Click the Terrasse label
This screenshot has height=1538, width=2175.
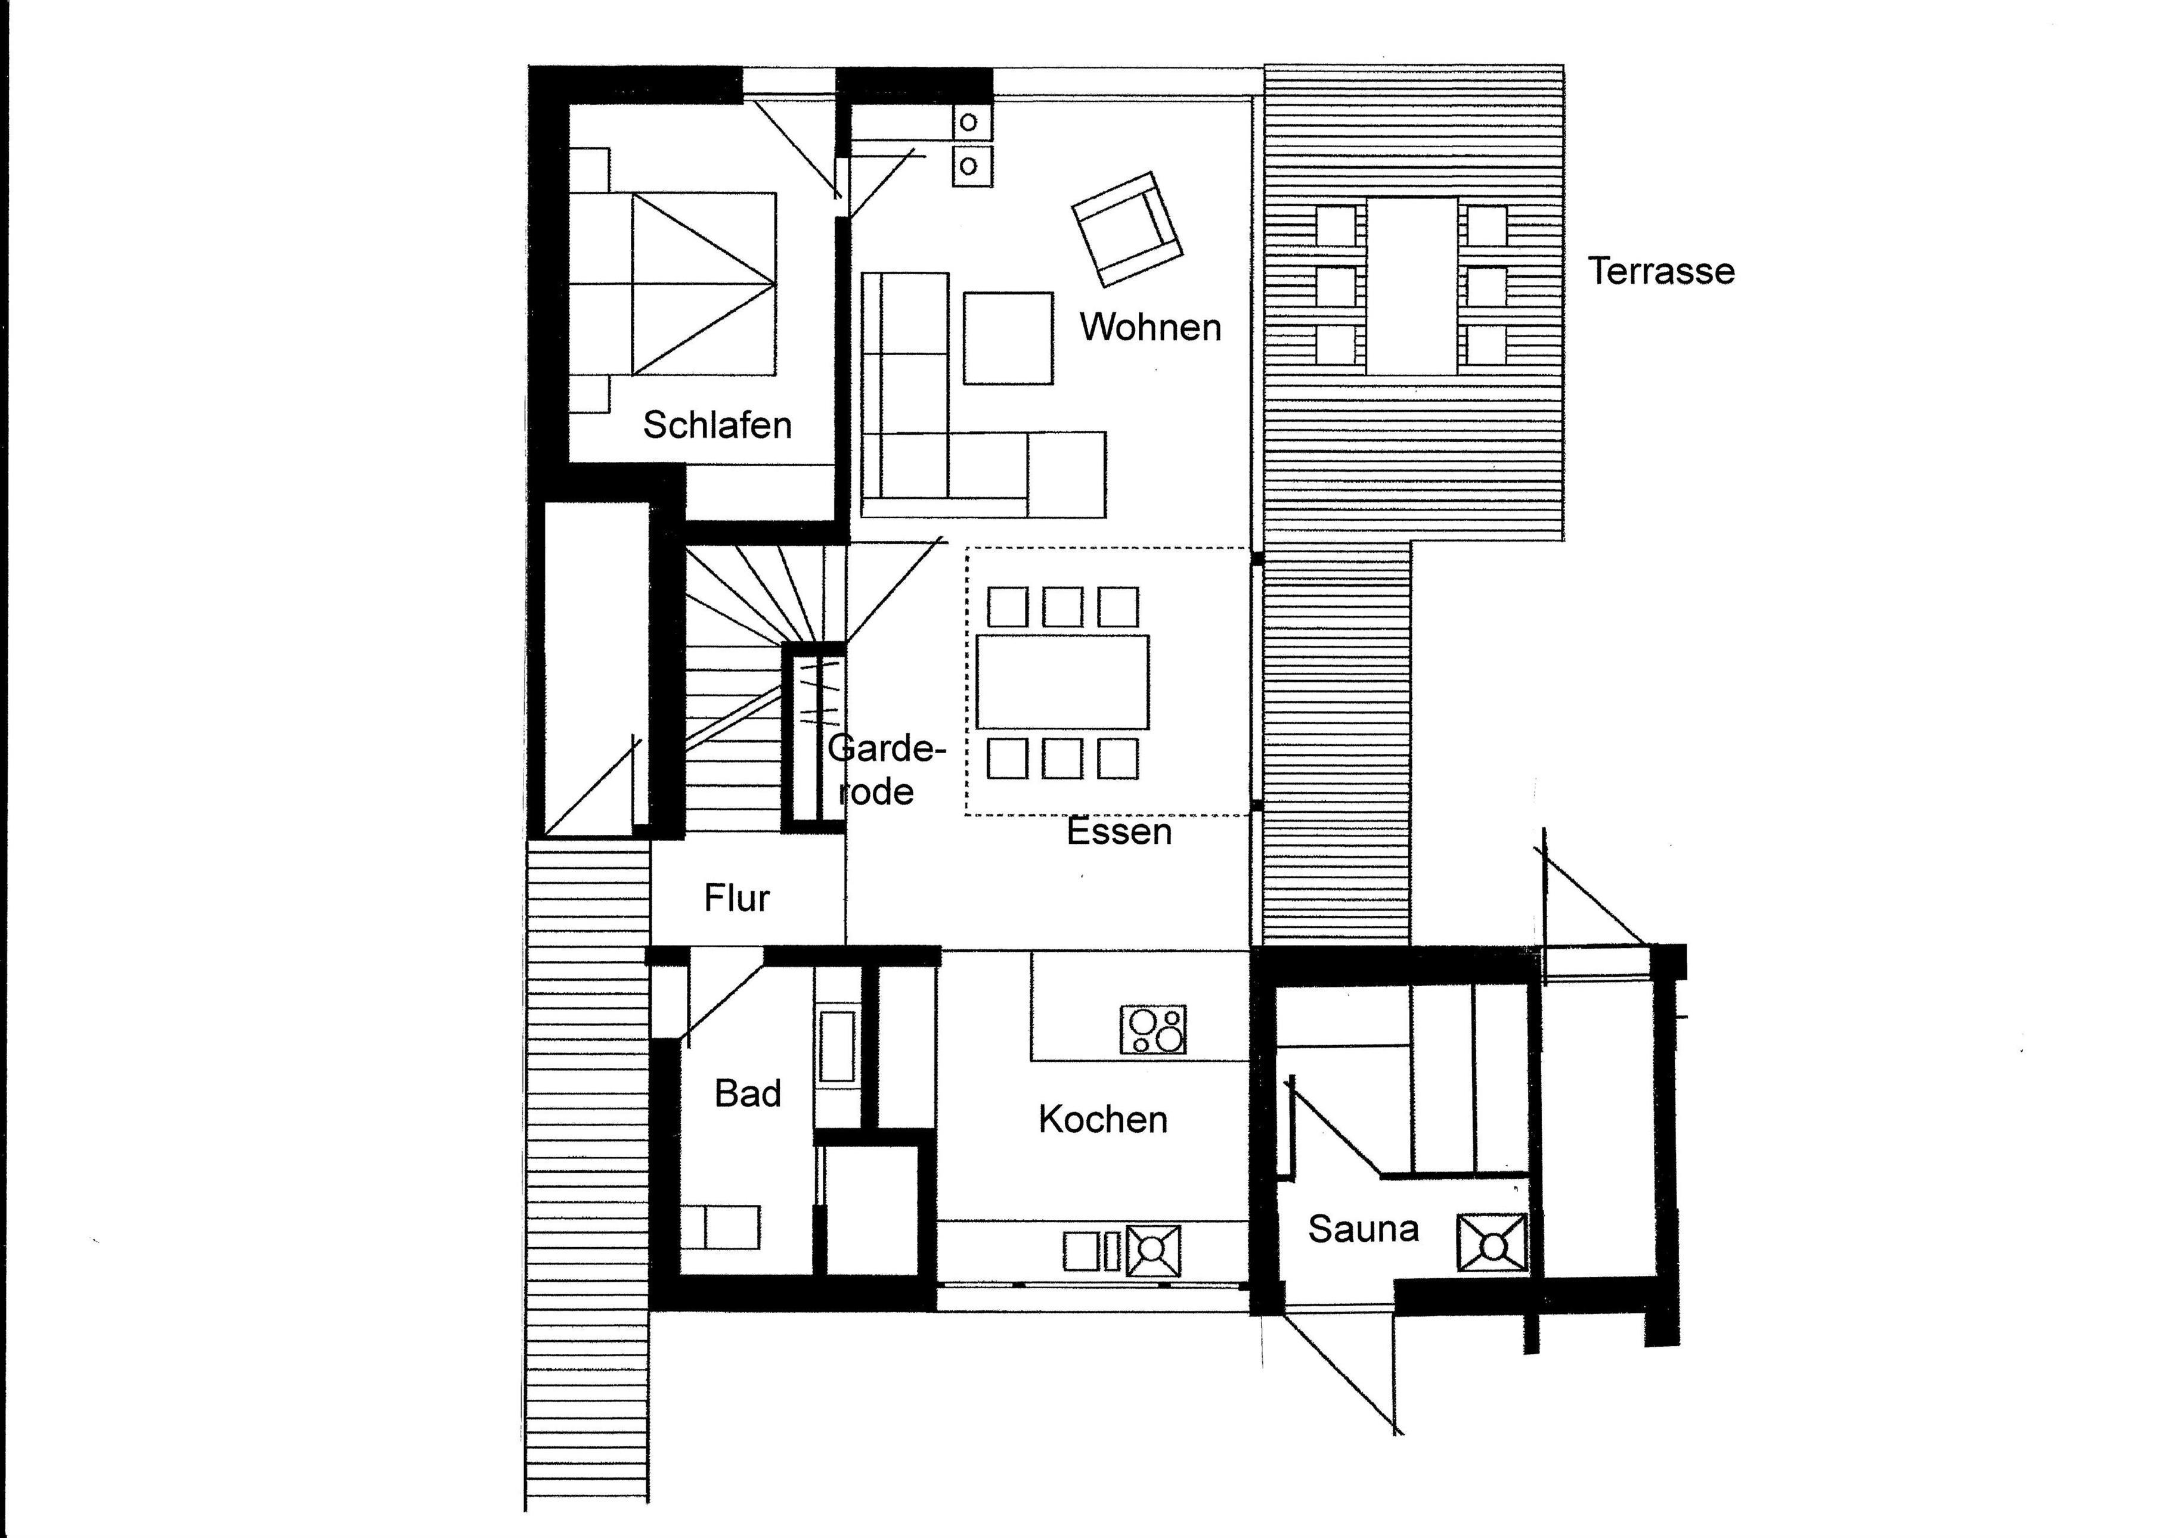[x=1662, y=272]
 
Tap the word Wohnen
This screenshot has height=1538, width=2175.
[x=1150, y=328]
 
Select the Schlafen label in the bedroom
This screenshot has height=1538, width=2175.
[x=717, y=425]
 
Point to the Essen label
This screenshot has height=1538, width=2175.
[x=1119, y=831]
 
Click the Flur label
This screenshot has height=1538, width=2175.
[x=737, y=898]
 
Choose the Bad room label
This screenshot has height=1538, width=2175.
[x=748, y=1094]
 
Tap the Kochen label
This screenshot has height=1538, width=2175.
[x=1102, y=1120]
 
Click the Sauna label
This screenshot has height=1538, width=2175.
[x=1363, y=1229]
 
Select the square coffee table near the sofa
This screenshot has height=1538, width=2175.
[x=1008, y=338]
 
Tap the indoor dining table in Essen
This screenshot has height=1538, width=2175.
[x=1062, y=682]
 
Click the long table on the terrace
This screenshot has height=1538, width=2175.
[x=1411, y=286]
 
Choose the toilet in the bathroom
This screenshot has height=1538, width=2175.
[x=721, y=1228]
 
